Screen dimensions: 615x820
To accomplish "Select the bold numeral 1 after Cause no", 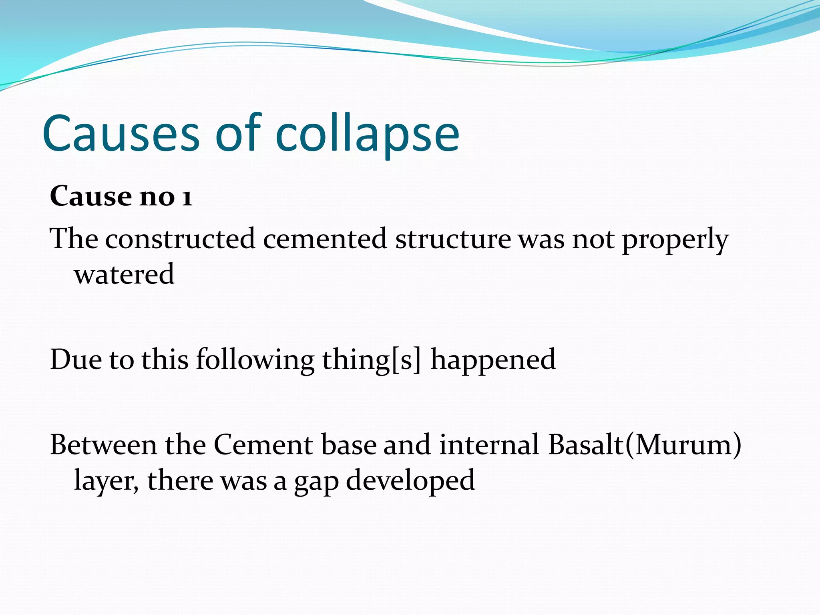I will pos(187,197).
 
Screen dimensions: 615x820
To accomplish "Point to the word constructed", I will pos(180,239).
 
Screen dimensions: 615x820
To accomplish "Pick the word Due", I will pos(76,359).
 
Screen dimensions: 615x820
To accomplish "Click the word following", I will pos(255,360).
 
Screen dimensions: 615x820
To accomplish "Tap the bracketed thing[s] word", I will pos(372,360).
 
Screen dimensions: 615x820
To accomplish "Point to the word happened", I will pos(493,360).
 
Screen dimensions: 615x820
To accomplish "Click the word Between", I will pos(104,445).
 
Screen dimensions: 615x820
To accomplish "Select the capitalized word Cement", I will pos(263,445).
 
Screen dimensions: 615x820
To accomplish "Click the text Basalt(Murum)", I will pos(645,445).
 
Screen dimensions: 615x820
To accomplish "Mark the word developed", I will pos(410,480).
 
